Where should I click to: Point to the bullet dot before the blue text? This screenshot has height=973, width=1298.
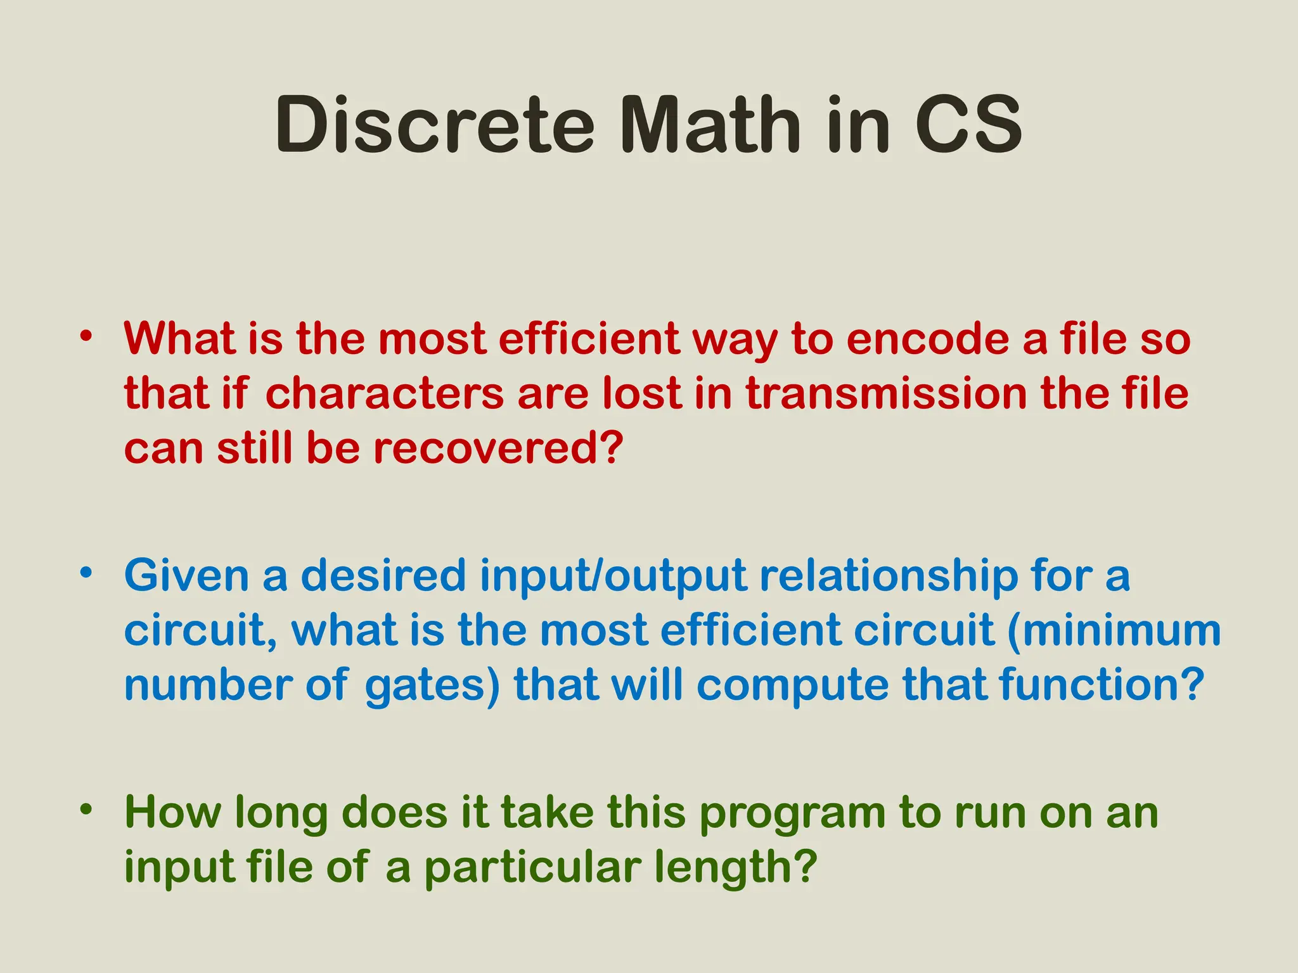click(86, 573)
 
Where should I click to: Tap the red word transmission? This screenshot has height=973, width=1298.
click(885, 393)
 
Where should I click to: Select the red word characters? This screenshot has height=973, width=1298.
click(384, 393)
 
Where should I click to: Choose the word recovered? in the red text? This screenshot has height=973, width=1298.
click(498, 448)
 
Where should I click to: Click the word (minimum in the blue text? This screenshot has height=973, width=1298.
click(1114, 630)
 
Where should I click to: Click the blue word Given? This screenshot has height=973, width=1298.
click(186, 576)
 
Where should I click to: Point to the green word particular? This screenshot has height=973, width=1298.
click(532, 868)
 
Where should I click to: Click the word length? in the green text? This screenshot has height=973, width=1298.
click(735, 868)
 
